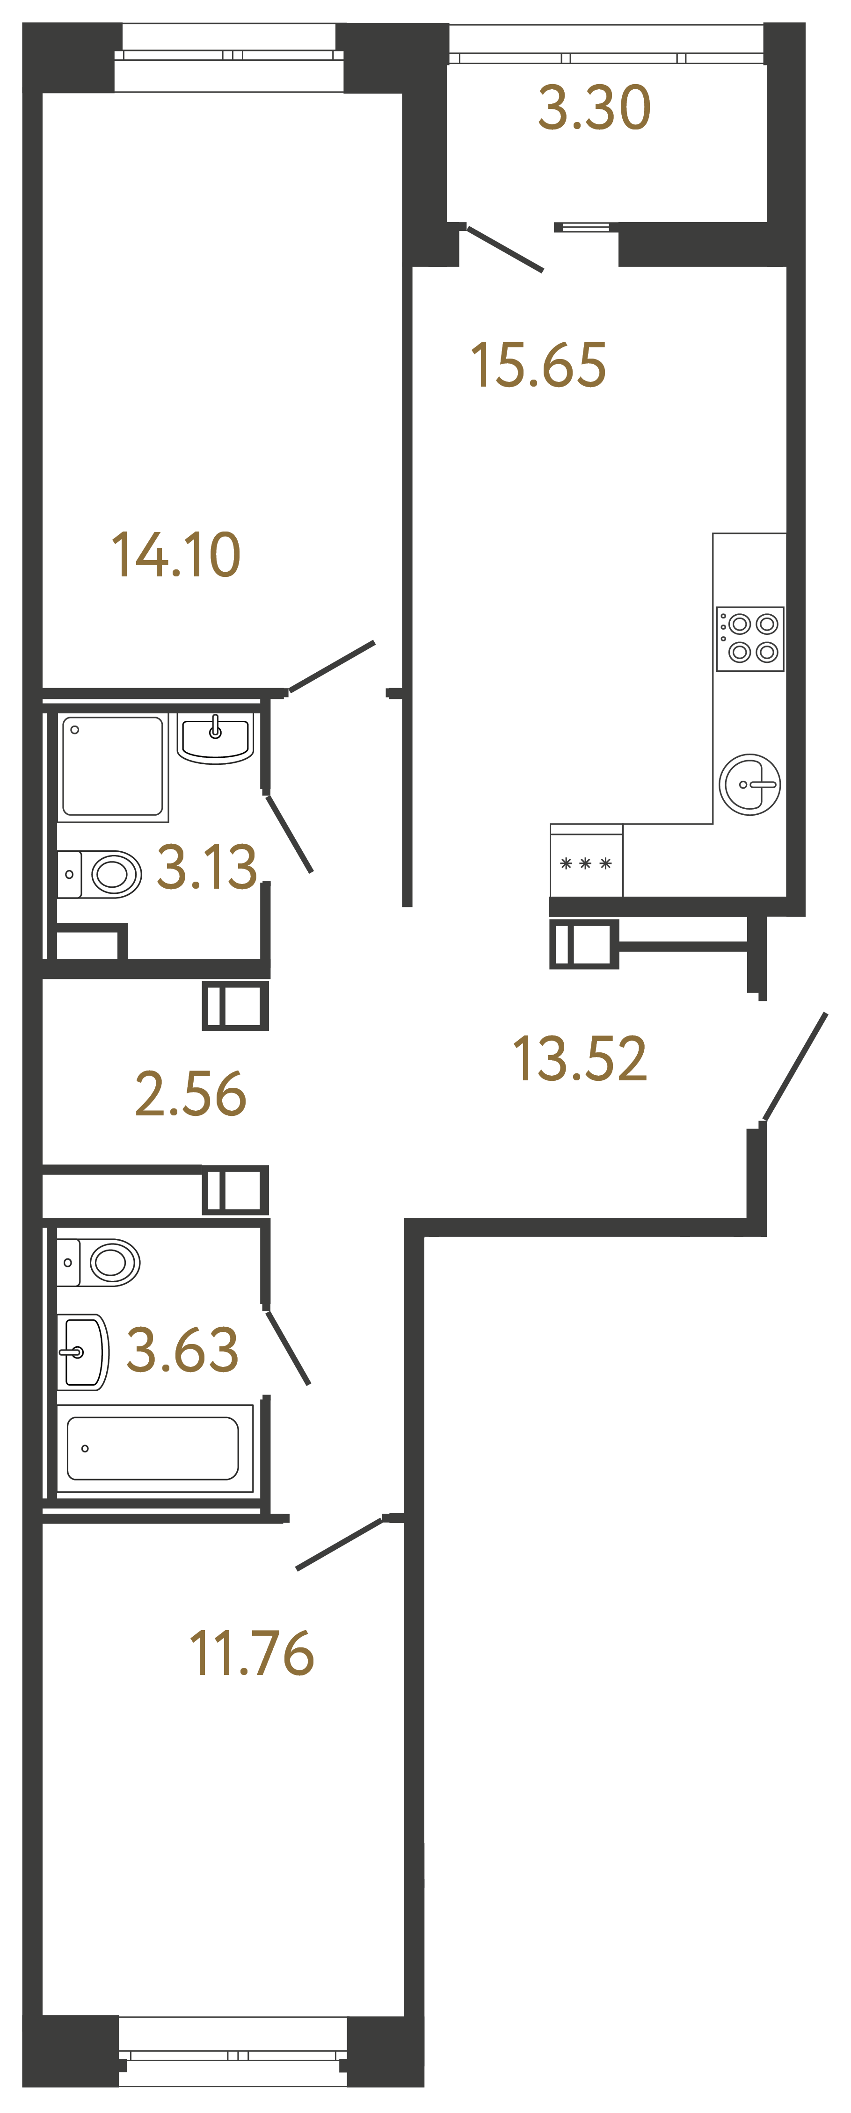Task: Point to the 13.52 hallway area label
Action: pos(579,1058)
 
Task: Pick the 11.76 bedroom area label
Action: pos(251,1653)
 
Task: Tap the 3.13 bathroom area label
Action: pos(207,867)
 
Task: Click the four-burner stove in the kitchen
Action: pos(750,638)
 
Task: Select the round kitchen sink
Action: pos(749,784)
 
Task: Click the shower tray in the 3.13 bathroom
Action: pos(112,766)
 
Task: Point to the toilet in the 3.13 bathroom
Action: pos(102,874)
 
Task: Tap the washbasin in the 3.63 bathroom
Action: pos(82,1352)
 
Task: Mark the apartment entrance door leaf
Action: pos(794,1066)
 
